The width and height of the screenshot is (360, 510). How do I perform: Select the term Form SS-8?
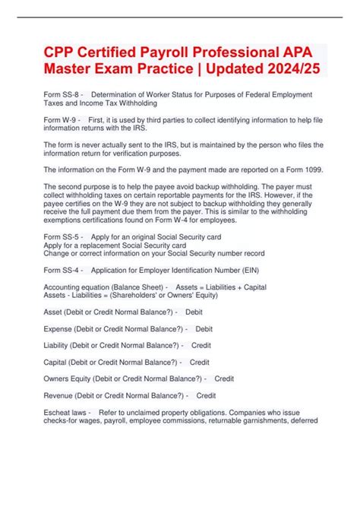[62, 95]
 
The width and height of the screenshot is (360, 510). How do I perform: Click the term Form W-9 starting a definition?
[61, 120]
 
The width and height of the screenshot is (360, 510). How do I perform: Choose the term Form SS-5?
[62, 236]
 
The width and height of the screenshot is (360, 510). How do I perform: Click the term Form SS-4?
[62, 270]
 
